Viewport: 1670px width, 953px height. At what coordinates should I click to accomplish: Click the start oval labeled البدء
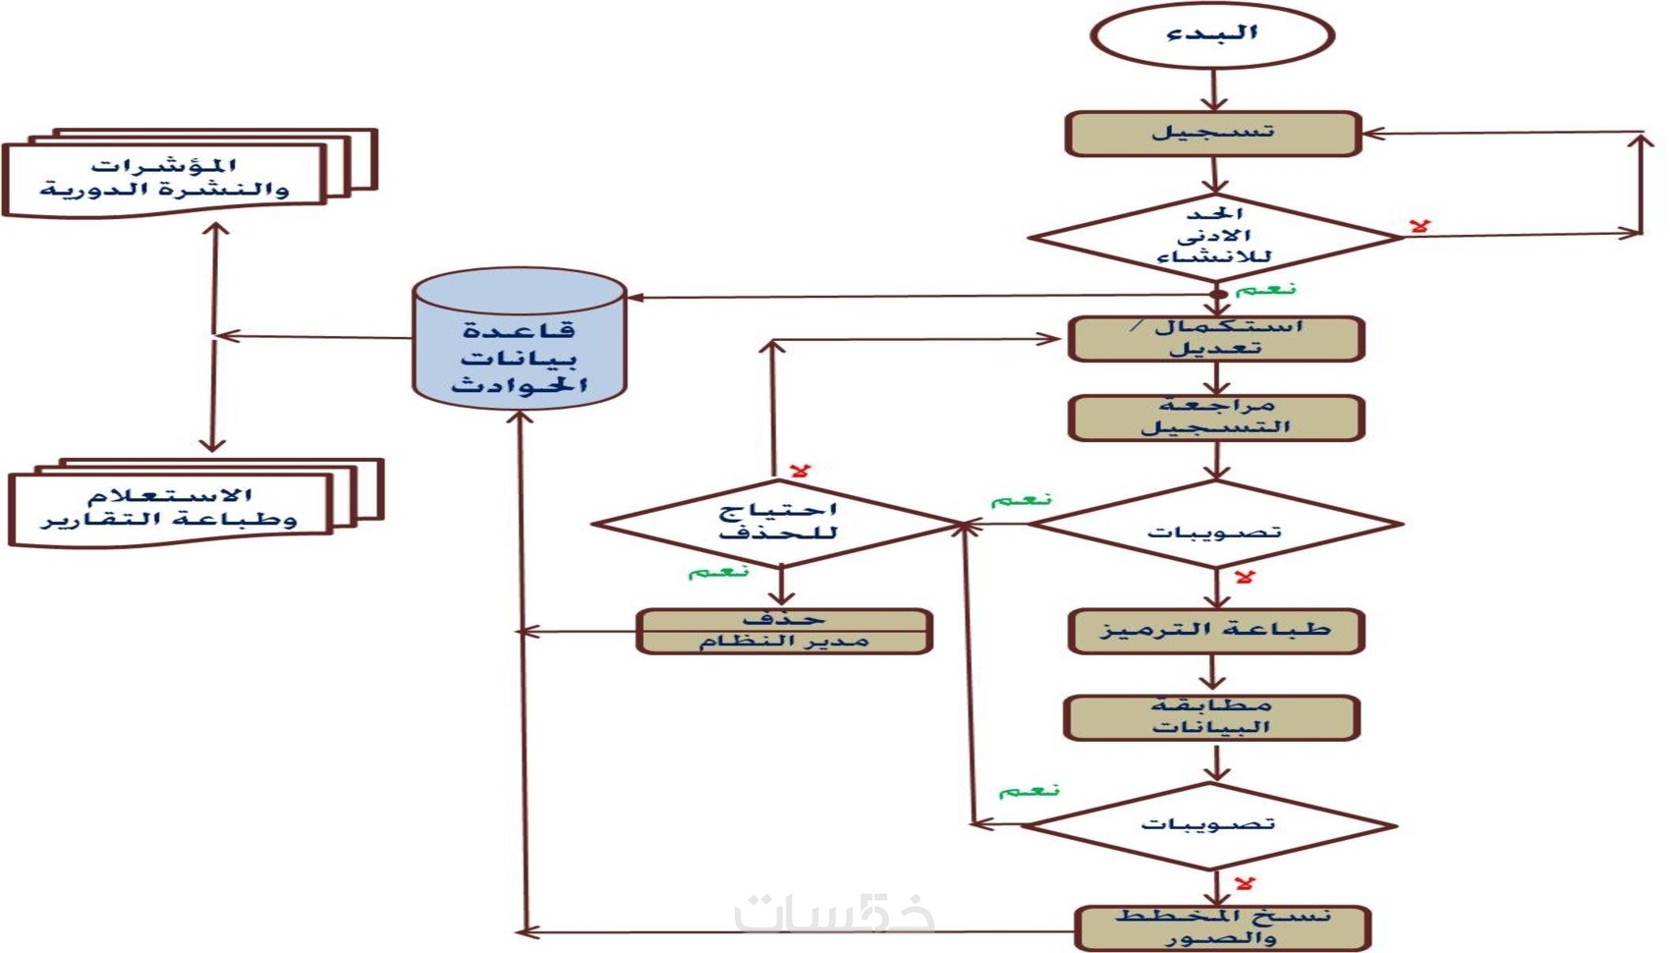[1212, 35]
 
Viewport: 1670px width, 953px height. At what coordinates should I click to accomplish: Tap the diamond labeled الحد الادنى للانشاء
[1214, 237]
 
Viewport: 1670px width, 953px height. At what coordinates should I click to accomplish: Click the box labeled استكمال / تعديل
[1215, 338]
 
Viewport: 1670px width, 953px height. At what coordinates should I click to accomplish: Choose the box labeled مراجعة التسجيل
[1215, 418]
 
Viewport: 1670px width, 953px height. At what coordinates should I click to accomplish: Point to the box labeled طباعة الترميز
[1215, 630]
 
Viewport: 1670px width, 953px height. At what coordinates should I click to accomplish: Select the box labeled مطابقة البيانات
[1211, 717]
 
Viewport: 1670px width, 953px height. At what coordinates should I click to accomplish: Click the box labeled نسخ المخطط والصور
[1222, 927]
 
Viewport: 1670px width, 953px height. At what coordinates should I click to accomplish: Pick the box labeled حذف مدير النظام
[783, 631]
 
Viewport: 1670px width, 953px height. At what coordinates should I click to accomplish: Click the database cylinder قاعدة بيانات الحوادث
[520, 339]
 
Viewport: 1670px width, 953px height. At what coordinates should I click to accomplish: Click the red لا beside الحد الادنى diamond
[1419, 226]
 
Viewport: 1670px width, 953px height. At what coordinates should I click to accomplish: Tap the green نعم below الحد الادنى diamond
[1265, 290]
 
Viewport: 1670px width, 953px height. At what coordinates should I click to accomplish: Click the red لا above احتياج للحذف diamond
[800, 472]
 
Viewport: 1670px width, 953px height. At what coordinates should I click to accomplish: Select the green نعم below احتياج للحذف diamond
[718, 572]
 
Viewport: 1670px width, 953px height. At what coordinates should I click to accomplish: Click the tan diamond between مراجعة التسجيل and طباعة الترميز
[1215, 526]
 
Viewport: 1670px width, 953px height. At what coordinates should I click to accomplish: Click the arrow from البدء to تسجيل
[1214, 90]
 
